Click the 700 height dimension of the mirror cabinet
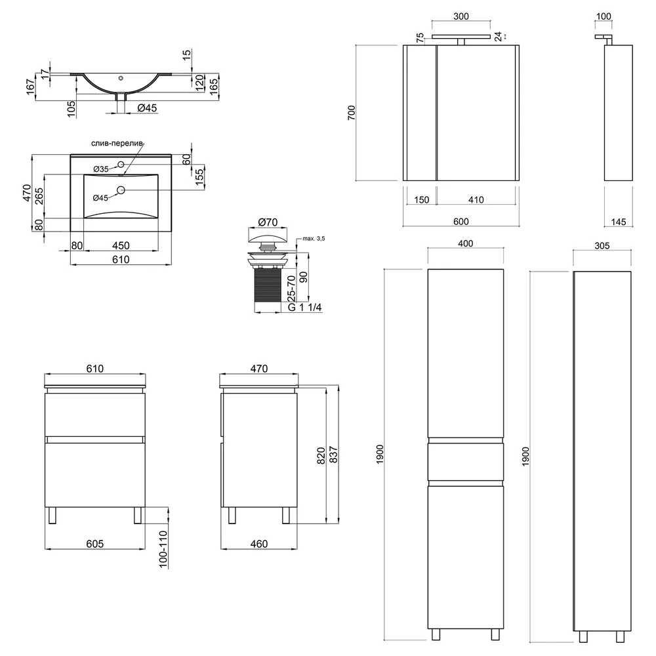pos(352,113)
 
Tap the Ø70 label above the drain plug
pos(268,222)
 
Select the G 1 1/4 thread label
pos(304,308)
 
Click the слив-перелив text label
pos(117,144)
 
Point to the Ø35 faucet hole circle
pos(121,165)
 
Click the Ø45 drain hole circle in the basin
pos(121,190)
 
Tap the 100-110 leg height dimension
pos(163,549)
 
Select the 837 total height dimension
pos(334,455)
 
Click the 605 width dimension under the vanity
pos(95,543)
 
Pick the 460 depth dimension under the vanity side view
pos(259,543)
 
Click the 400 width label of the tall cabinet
pos(465,243)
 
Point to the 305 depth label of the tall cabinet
pos(602,246)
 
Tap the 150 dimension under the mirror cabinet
pos(421,200)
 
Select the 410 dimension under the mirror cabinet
pos(476,200)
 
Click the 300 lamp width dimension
pos(461,16)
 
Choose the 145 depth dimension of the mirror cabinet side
pos(619,222)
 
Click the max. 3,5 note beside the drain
pos(314,239)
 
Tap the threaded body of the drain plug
pos(268,285)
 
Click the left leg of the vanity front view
pos(52,515)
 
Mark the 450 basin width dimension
pos(121,245)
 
